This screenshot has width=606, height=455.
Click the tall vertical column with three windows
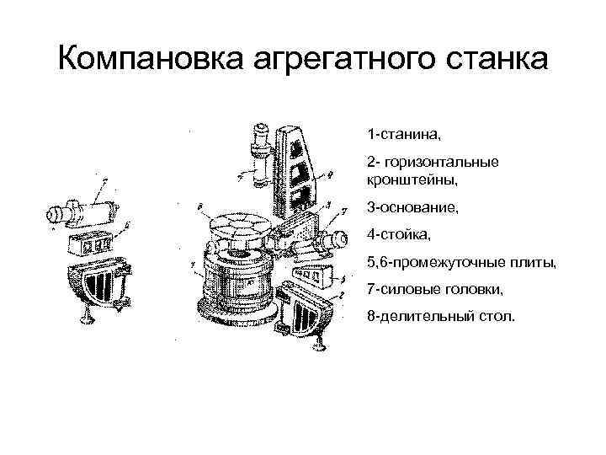[298, 165]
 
